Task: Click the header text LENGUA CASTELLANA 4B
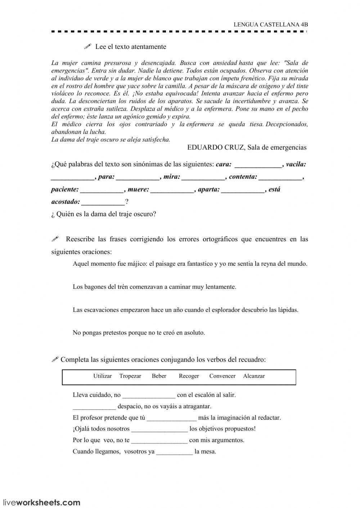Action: pos(271,24)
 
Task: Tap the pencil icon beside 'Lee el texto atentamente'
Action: pos(87,46)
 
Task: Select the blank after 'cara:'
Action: pos(258,165)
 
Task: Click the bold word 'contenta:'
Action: pos(243,177)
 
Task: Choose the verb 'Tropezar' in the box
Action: pos(130,376)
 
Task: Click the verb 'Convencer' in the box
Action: pos(222,376)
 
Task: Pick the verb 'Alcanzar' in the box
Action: pos(254,376)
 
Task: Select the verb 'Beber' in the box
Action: pos(159,376)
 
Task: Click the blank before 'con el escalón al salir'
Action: pos(149,395)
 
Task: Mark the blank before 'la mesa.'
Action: pos(175,452)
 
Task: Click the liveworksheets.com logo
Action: pos(41,502)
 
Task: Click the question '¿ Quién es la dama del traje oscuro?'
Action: pos(104,214)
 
